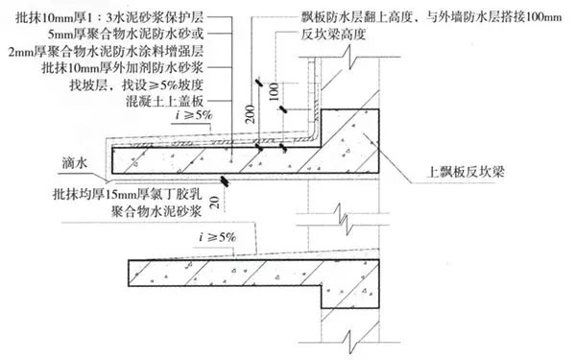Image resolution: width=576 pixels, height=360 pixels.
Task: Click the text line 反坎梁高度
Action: click(x=321, y=34)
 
